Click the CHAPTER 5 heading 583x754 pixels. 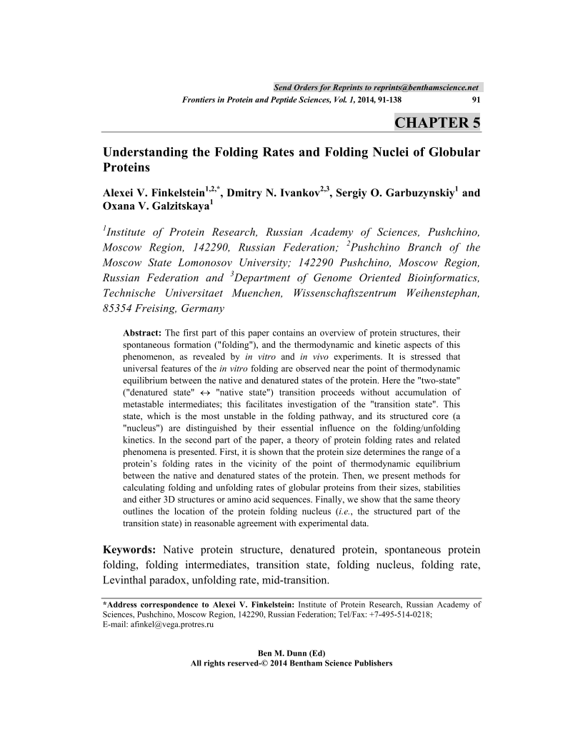(x=437, y=122)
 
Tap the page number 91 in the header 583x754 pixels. (x=476, y=101)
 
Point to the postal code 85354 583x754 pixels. (x=121, y=309)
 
